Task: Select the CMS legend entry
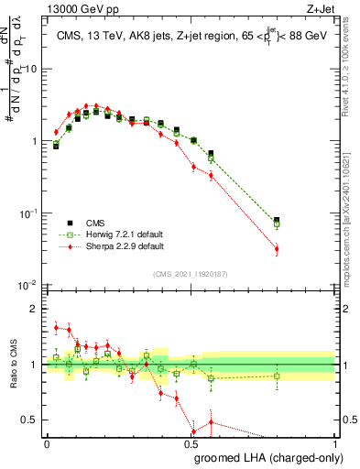click(92, 222)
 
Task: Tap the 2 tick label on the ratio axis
click(36, 309)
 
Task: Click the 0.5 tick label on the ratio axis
click(32, 420)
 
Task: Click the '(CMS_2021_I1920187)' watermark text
click(191, 272)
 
